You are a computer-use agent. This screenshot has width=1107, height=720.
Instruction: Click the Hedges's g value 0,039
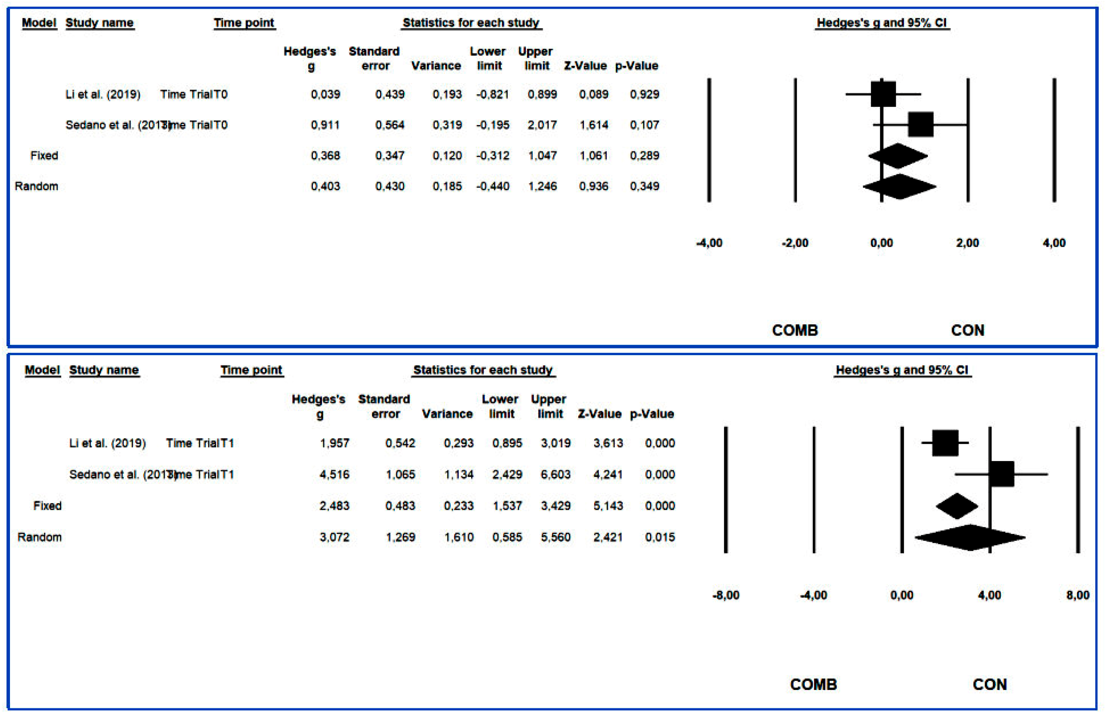tap(325, 95)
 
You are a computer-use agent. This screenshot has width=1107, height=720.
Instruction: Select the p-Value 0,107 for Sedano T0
tap(644, 125)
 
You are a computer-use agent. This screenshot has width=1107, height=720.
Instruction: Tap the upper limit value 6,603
tap(555, 474)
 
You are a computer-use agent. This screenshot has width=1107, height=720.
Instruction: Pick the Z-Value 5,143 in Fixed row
tap(607, 505)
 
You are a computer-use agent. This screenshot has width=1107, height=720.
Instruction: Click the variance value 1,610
tap(458, 537)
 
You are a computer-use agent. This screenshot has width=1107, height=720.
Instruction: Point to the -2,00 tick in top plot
tap(795, 243)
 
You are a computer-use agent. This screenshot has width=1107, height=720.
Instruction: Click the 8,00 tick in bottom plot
tap(1077, 595)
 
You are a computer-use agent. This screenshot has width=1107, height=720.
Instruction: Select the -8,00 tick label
tap(726, 595)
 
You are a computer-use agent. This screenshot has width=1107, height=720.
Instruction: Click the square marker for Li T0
tap(883, 94)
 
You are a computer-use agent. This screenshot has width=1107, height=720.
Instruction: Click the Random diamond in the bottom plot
tap(970, 537)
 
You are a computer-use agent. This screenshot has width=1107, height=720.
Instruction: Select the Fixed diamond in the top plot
tap(898, 156)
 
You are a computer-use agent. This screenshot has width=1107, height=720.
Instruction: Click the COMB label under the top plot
tap(795, 330)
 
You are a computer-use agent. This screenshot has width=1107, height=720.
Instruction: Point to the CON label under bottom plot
tap(990, 684)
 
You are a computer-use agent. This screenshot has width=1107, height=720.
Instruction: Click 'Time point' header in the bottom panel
tap(251, 370)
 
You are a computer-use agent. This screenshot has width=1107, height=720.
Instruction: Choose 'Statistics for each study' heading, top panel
tap(471, 23)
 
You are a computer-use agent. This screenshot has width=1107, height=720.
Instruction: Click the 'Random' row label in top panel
tap(36, 186)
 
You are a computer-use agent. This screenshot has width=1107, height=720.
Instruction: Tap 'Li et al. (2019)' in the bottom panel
tap(107, 443)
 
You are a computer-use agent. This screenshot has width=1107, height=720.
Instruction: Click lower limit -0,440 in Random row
tap(492, 186)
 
